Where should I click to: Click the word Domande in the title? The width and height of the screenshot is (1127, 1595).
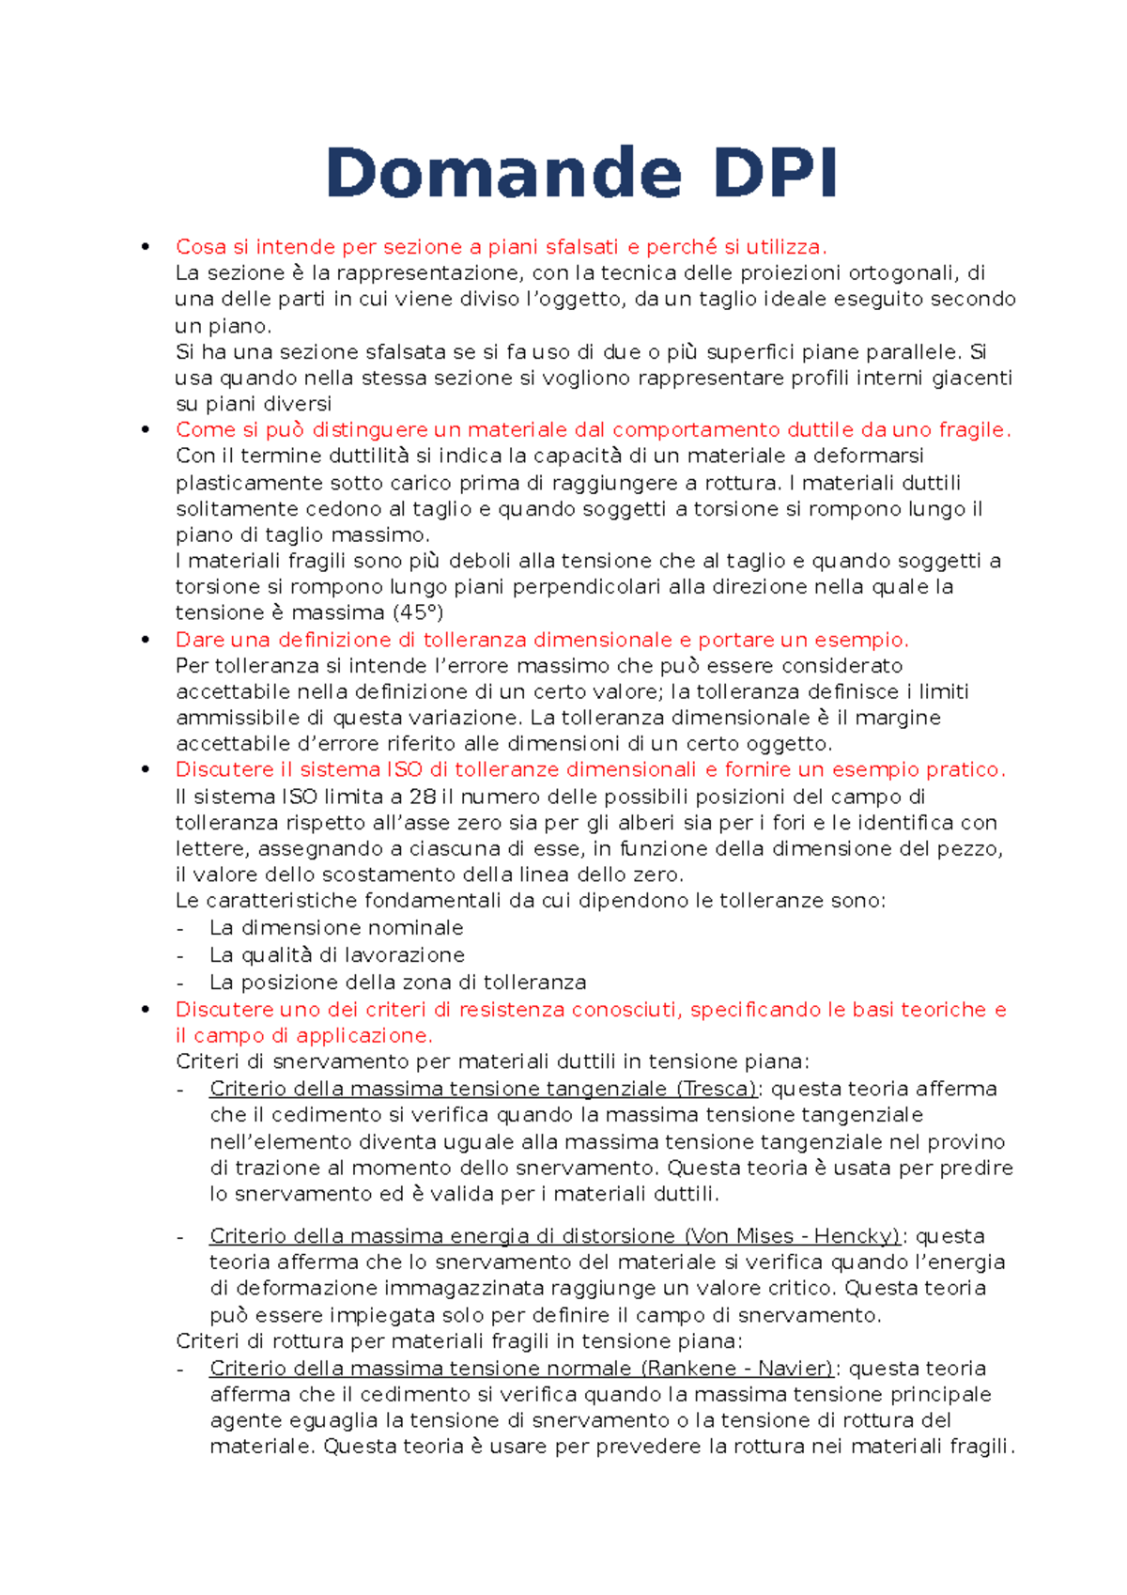click(502, 174)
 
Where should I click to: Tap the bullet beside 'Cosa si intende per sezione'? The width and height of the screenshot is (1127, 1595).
click(145, 247)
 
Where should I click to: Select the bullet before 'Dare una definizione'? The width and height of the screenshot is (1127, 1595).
click(145, 640)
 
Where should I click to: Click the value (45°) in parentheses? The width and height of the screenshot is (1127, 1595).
click(417, 613)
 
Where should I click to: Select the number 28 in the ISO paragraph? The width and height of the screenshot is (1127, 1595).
click(423, 797)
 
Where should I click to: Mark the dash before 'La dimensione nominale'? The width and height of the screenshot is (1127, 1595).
click(181, 928)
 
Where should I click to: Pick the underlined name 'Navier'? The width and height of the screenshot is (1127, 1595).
click(795, 1369)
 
